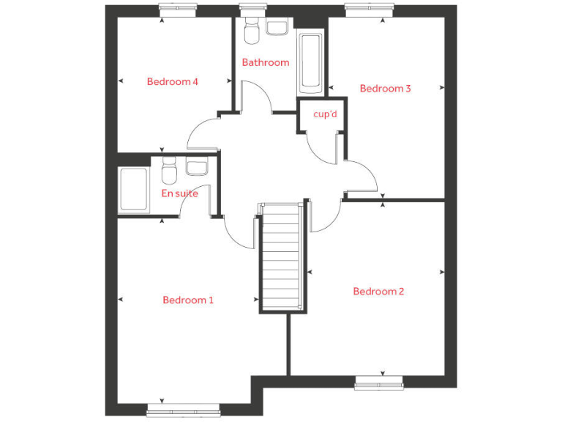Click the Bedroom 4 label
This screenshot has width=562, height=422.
tap(173, 81)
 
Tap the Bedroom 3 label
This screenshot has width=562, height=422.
tap(385, 89)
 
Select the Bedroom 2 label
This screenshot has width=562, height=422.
tap(378, 291)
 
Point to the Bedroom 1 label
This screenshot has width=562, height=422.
tap(188, 300)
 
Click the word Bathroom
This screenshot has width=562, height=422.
tap(266, 62)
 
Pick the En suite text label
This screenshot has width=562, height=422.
tap(179, 193)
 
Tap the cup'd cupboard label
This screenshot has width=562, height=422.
tap(324, 114)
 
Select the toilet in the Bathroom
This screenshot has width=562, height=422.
tap(251, 33)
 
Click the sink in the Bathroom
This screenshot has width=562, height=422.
tap(277, 27)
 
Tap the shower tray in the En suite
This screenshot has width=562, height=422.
tap(133, 189)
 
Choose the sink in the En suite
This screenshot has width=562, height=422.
tap(198, 167)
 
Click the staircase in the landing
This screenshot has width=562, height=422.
tap(281, 256)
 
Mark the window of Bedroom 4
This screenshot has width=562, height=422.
tap(179, 10)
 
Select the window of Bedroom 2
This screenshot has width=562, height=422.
tap(378, 382)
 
